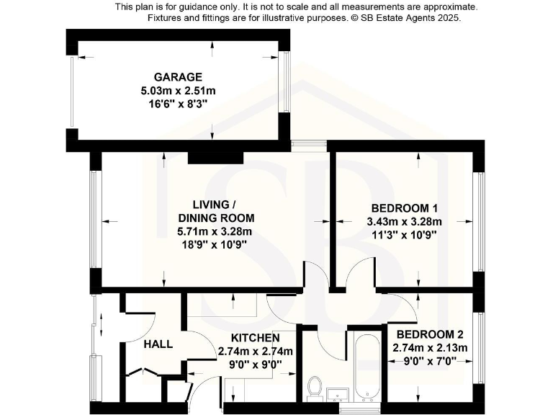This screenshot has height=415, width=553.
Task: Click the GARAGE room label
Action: point(178,77)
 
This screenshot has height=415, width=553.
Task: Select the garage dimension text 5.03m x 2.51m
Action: point(178,90)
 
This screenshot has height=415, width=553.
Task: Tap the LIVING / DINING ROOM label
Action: point(205,210)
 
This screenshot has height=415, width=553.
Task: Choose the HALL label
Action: point(158,344)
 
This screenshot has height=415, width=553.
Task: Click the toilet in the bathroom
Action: point(314,386)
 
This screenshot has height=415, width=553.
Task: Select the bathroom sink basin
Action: point(338,393)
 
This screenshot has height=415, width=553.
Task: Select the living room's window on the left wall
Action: point(93,219)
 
